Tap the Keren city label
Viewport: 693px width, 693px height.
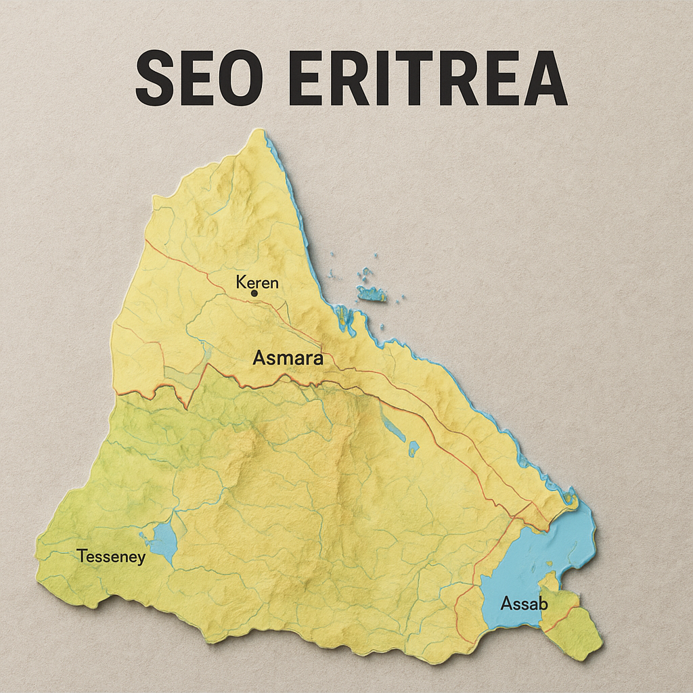point(257,282)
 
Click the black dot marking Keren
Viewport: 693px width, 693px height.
point(254,294)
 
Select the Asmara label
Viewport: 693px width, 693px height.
point(288,358)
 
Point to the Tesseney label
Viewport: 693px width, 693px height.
point(110,557)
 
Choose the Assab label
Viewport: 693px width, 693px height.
point(524,603)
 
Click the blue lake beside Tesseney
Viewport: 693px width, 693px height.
point(163,542)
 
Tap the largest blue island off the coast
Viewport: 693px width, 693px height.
point(371,293)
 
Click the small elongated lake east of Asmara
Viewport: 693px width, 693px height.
point(392,426)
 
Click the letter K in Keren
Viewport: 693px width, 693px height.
point(241,282)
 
